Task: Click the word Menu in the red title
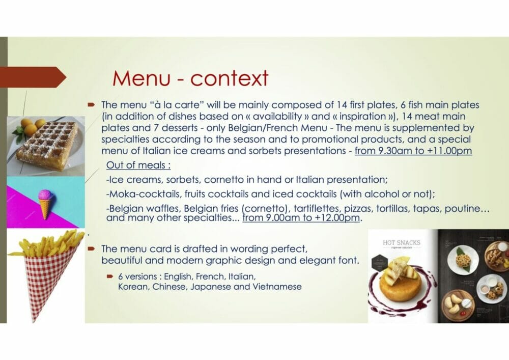pyautogui.click(x=141, y=78)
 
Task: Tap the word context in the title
pyautogui.click(x=229, y=78)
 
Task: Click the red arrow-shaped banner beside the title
pyautogui.click(x=33, y=77)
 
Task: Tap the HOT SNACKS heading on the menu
pyautogui.click(x=402, y=242)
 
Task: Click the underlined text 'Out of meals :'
pyautogui.click(x=138, y=165)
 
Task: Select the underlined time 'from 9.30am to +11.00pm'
pyautogui.click(x=413, y=151)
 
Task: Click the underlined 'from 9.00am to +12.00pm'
pyautogui.click(x=301, y=217)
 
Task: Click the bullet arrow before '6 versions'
pyautogui.click(x=110, y=276)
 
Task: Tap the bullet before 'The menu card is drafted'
pyautogui.click(x=91, y=249)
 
